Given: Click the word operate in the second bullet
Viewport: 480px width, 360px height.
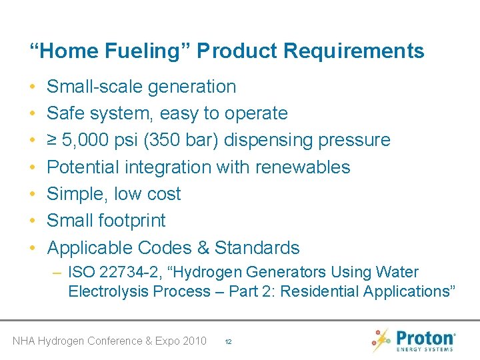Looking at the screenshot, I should click(x=256, y=114).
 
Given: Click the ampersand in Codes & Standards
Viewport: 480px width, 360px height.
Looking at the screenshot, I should click(x=203, y=248).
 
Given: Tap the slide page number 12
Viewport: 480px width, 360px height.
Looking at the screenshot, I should click(x=228, y=341).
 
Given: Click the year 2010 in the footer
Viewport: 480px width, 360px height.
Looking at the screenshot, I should click(x=194, y=341).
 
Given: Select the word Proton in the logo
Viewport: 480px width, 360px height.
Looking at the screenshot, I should click(x=425, y=337).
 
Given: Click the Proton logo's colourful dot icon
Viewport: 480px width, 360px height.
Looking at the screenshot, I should click(x=381, y=339).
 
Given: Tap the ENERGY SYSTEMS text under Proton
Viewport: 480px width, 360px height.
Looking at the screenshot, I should click(x=425, y=349).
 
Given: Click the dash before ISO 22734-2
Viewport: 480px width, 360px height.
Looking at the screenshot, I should click(x=58, y=273).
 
